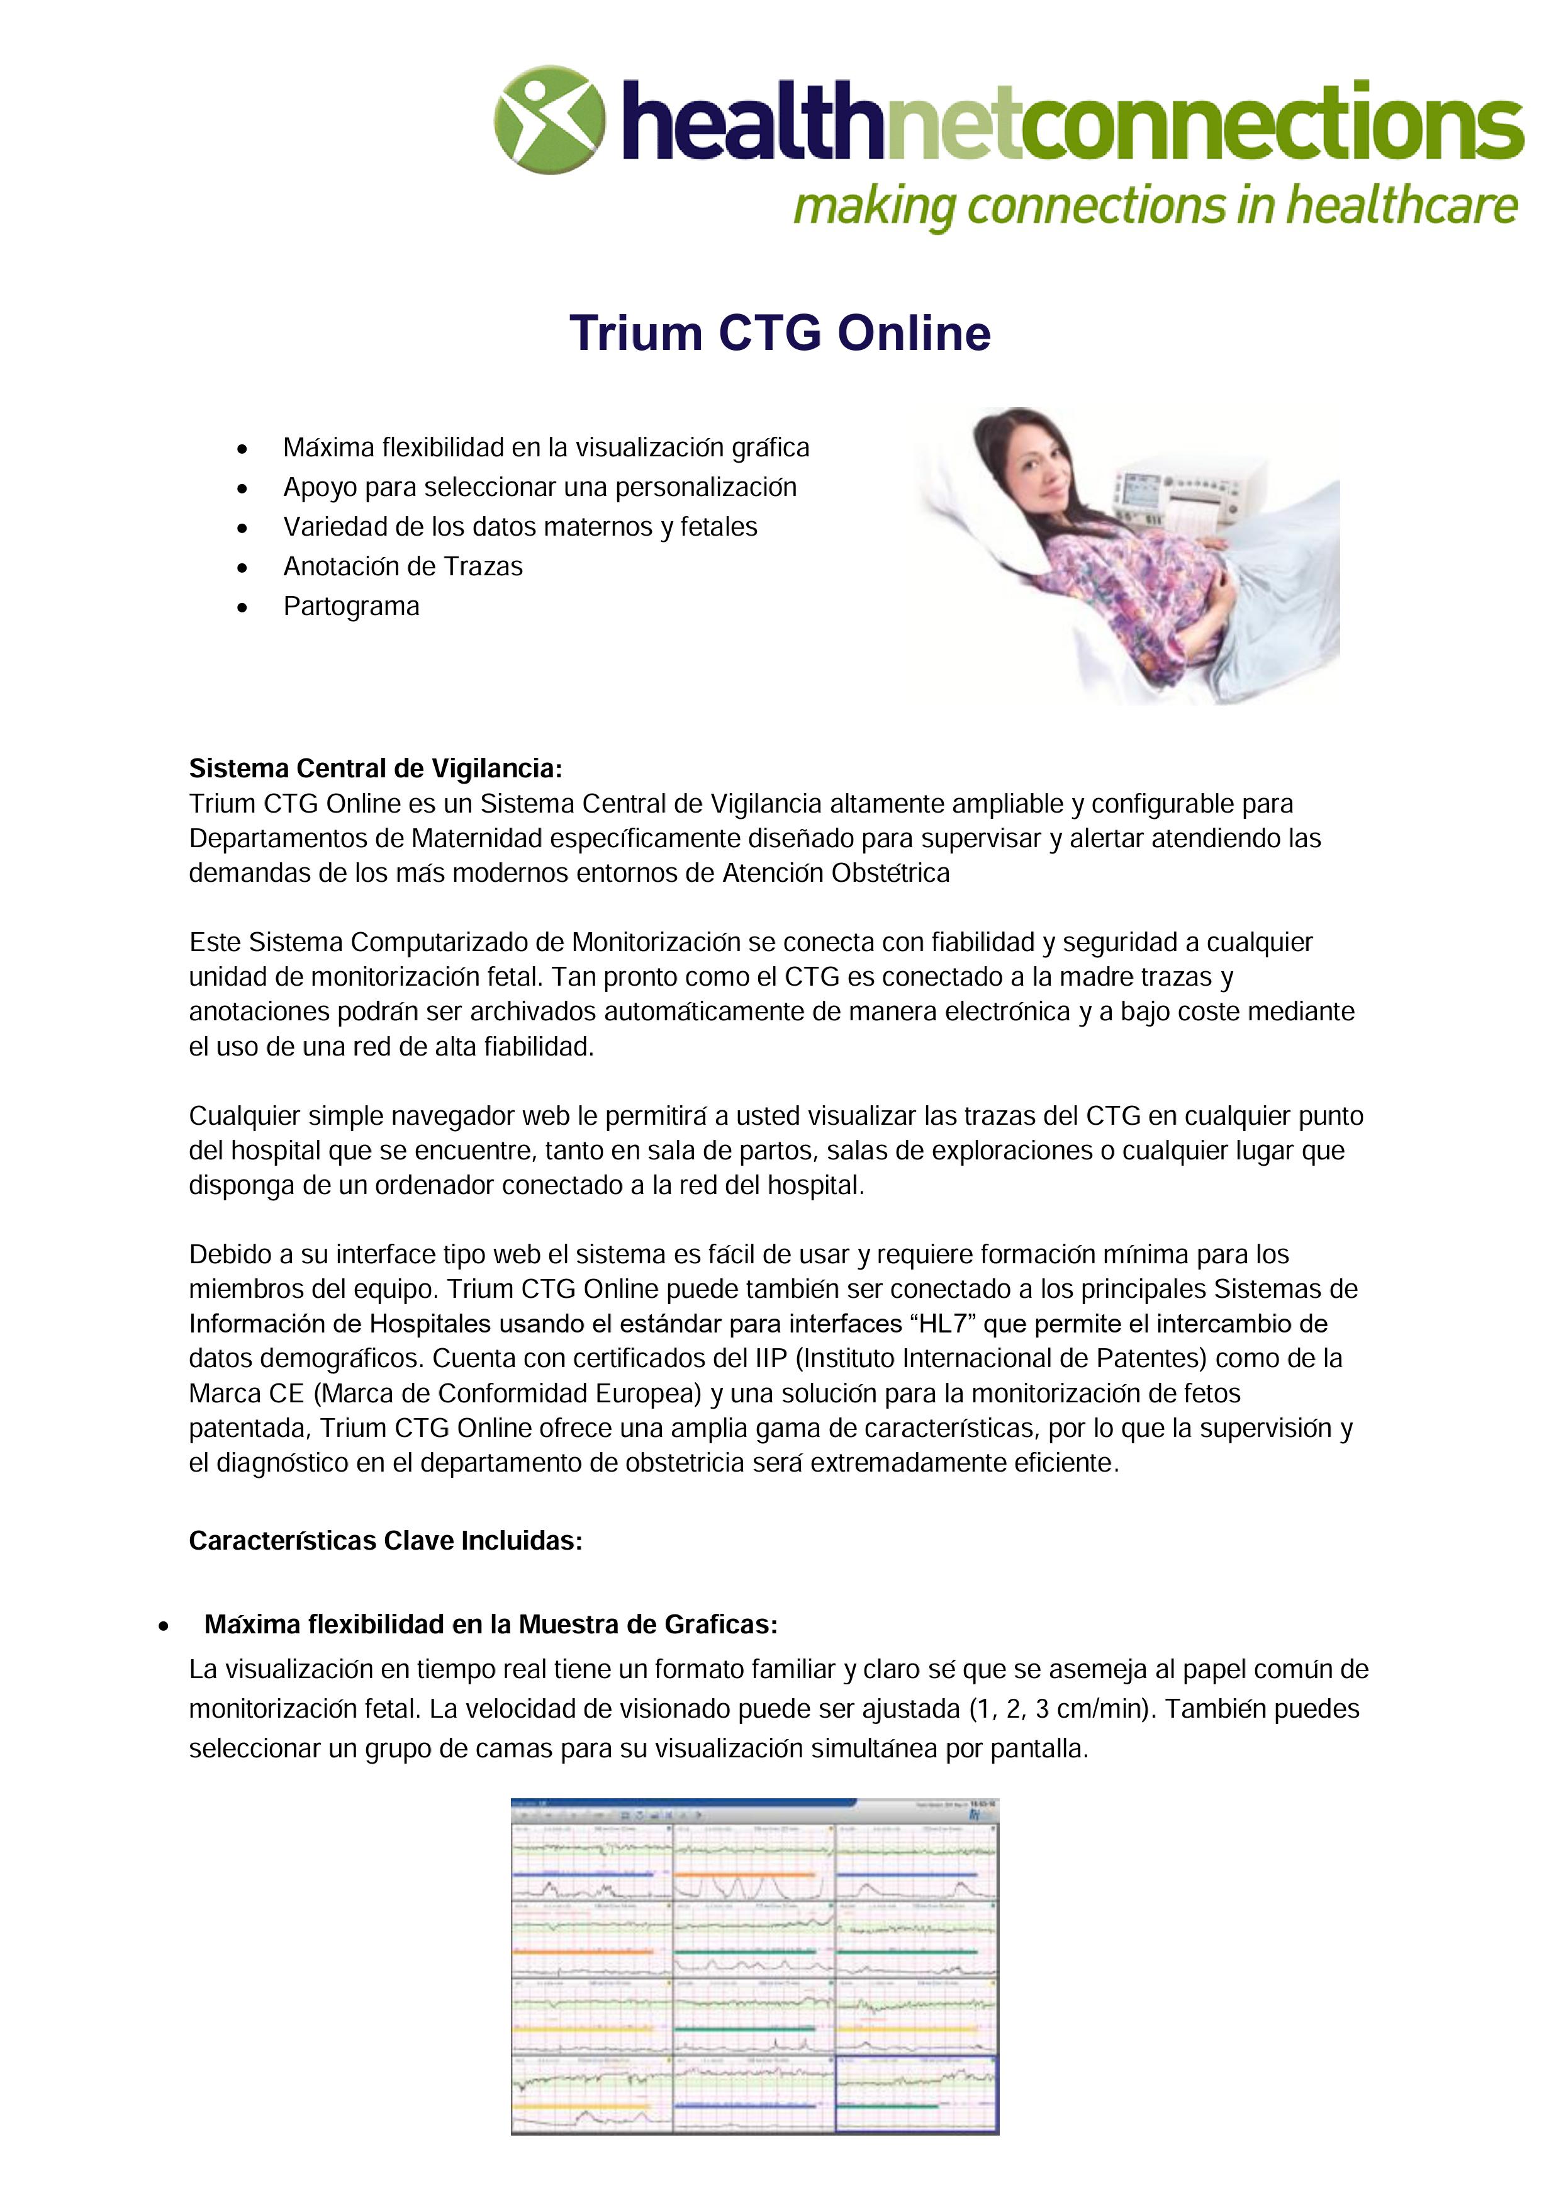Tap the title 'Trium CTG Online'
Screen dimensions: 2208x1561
(780, 334)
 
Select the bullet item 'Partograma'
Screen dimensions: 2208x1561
(351, 607)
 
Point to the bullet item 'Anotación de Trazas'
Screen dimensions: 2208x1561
(403, 566)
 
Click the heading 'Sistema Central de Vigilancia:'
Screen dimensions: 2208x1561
(375, 769)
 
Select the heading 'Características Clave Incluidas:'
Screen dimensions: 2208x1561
(386, 1541)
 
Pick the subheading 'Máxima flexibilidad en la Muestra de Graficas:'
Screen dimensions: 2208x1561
(490, 1625)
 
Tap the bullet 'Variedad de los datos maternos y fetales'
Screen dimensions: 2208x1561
(520, 527)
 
